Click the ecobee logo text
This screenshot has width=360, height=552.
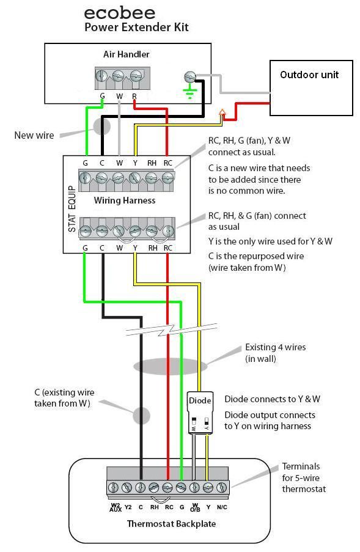point(120,12)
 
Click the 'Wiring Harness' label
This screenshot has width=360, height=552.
point(124,201)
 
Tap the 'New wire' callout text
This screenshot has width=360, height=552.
point(34,135)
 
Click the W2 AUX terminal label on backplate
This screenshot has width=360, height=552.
point(114,506)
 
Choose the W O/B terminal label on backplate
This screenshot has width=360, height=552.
point(195,506)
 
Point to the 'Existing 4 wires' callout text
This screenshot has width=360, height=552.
point(275,353)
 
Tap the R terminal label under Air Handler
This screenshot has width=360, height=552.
point(134,97)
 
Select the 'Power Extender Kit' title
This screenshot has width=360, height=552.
point(136,28)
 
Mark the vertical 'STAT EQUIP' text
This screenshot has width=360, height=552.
point(72,208)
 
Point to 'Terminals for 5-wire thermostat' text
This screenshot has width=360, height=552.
point(304,477)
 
